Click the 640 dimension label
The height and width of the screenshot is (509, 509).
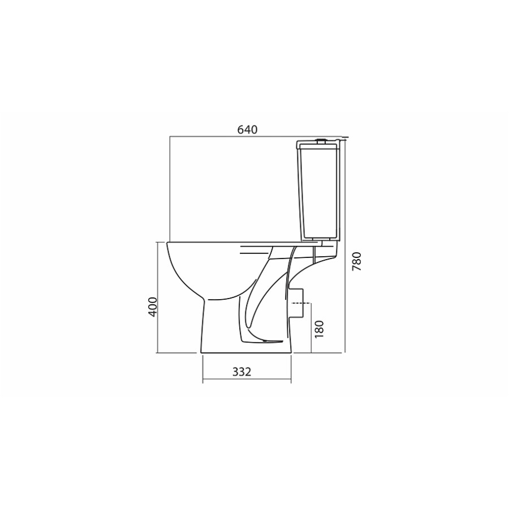pos(247,130)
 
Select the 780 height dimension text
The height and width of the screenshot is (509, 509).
pos(357,262)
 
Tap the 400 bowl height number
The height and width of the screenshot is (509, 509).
pos(153,307)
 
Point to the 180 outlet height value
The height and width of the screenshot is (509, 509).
pos(320,329)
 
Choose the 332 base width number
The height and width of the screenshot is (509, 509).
pos(242,372)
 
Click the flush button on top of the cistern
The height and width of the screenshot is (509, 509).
pos(321,141)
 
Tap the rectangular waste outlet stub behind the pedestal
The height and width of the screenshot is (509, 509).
pos(297,303)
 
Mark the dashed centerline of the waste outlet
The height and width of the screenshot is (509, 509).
pos(301,303)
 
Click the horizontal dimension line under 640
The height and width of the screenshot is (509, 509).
pos(256,137)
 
